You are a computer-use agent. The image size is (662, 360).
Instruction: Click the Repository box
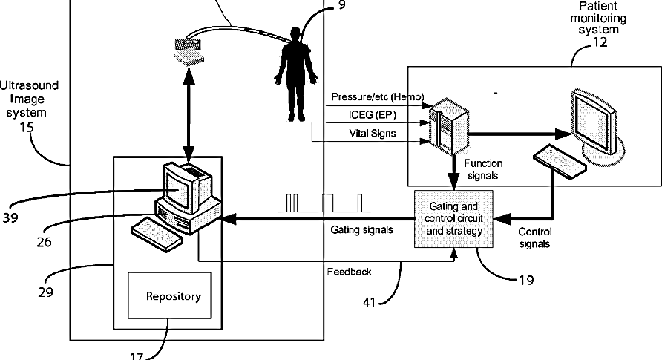pos(169,295)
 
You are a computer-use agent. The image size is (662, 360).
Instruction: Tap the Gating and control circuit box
pos(453,219)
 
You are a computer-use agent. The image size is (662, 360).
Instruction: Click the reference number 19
pos(526,280)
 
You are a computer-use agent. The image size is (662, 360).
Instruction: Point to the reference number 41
pos(370,303)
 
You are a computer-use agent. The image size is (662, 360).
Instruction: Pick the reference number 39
pos(10,217)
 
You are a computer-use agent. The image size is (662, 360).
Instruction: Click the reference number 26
pos(44,242)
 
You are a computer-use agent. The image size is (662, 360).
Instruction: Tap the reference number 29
pos(45,292)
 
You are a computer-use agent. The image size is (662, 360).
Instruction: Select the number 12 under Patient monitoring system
pos(600,42)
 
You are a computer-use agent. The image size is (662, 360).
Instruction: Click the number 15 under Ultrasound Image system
pos(26,127)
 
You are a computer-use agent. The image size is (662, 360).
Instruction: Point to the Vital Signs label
pos(373,134)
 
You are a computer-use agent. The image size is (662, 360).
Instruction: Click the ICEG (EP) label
pos(373,115)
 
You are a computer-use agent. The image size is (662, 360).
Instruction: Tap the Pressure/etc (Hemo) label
pos(378,97)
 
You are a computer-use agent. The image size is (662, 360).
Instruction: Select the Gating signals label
pos(362,229)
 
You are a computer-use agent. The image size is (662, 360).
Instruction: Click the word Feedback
pos(349,272)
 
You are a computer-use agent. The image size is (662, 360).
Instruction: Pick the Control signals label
pos(534,238)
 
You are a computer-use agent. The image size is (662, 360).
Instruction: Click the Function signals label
pos(483,169)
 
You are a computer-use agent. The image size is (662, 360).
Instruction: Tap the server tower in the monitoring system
pos(449,125)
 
